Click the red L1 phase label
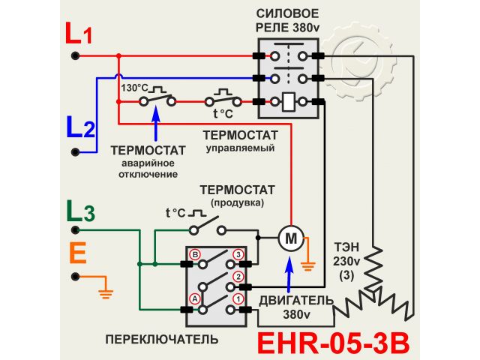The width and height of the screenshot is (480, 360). [79, 34]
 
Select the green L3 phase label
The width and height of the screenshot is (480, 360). [80, 211]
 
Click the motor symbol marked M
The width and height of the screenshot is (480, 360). [289, 238]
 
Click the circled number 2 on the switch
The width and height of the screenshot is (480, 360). [238, 277]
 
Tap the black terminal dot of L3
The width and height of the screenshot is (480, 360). [75, 228]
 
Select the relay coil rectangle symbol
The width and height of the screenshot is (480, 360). [289, 101]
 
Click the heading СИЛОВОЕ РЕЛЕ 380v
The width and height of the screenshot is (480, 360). [289, 22]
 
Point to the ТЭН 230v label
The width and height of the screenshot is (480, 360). [346, 254]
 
